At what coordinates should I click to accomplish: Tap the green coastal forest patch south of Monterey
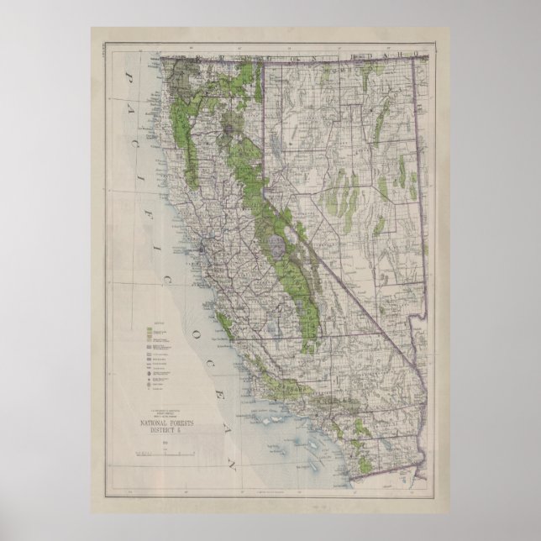pos(222,321)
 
